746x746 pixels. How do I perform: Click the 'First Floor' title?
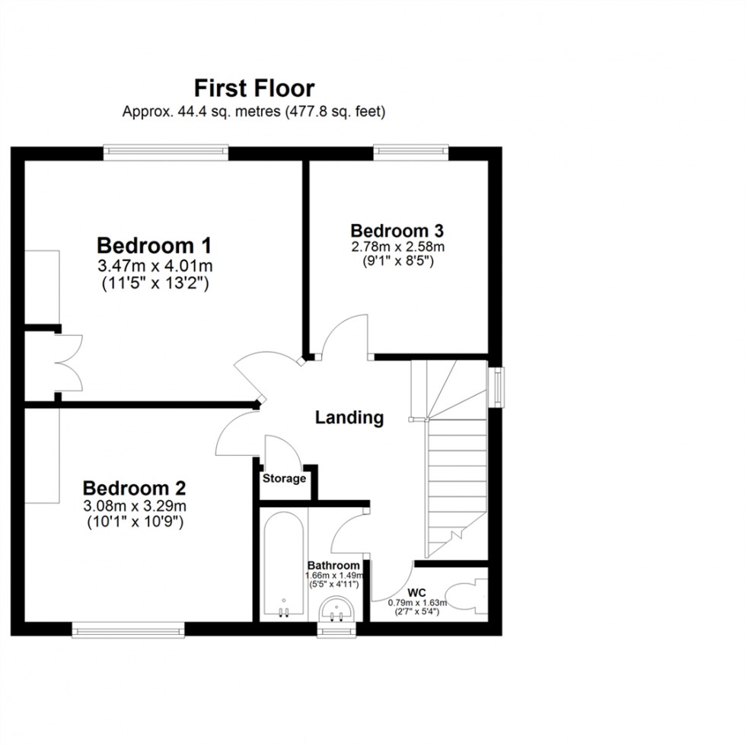tap(254, 88)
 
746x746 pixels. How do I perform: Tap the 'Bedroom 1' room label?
tap(154, 246)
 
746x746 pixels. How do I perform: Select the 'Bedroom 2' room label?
tap(135, 488)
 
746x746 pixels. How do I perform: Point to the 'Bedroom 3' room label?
tap(397, 230)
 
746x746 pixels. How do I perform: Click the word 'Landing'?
tap(349, 417)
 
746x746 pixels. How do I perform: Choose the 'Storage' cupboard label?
tap(285, 479)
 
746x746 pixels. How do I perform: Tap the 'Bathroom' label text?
tap(333, 566)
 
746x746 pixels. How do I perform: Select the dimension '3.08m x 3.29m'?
tap(135, 506)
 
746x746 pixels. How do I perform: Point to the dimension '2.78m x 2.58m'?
tap(397, 247)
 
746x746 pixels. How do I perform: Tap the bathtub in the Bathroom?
tap(283, 566)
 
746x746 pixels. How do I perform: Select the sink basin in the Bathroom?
tap(336, 609)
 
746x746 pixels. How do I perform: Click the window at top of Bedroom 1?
tap(166, 152)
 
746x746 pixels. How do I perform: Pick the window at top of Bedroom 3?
tap(410, 152)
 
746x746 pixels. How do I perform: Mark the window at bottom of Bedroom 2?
tap(128, 630)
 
